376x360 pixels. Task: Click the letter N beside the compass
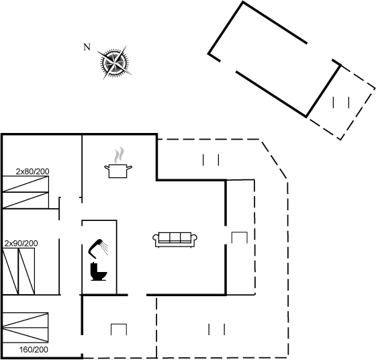(87, 47)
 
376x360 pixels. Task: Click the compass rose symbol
(114, 63)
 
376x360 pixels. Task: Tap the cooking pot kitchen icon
(118, 171)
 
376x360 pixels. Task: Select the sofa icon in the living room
(175, 240)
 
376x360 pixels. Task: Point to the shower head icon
(98, 249)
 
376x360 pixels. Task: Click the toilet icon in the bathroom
(99, 271)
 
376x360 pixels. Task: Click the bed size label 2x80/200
(32, 171)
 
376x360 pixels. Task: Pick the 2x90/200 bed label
(21, 243)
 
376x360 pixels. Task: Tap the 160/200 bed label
(34, 350)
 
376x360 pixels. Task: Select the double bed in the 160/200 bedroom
(26, 327)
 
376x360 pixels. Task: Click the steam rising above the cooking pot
(120, 155)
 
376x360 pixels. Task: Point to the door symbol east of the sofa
(239, 238)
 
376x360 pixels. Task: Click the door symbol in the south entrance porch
(119, 330)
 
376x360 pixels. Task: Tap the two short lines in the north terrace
(211, 160)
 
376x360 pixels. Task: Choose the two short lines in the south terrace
(216, 329)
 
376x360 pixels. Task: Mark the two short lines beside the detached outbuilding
(341, 102)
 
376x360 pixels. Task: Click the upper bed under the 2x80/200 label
(26, 184)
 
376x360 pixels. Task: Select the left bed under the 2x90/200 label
(10, 271)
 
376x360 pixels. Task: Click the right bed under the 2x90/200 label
(27, 271)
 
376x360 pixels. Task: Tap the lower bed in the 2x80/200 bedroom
(26, 200)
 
